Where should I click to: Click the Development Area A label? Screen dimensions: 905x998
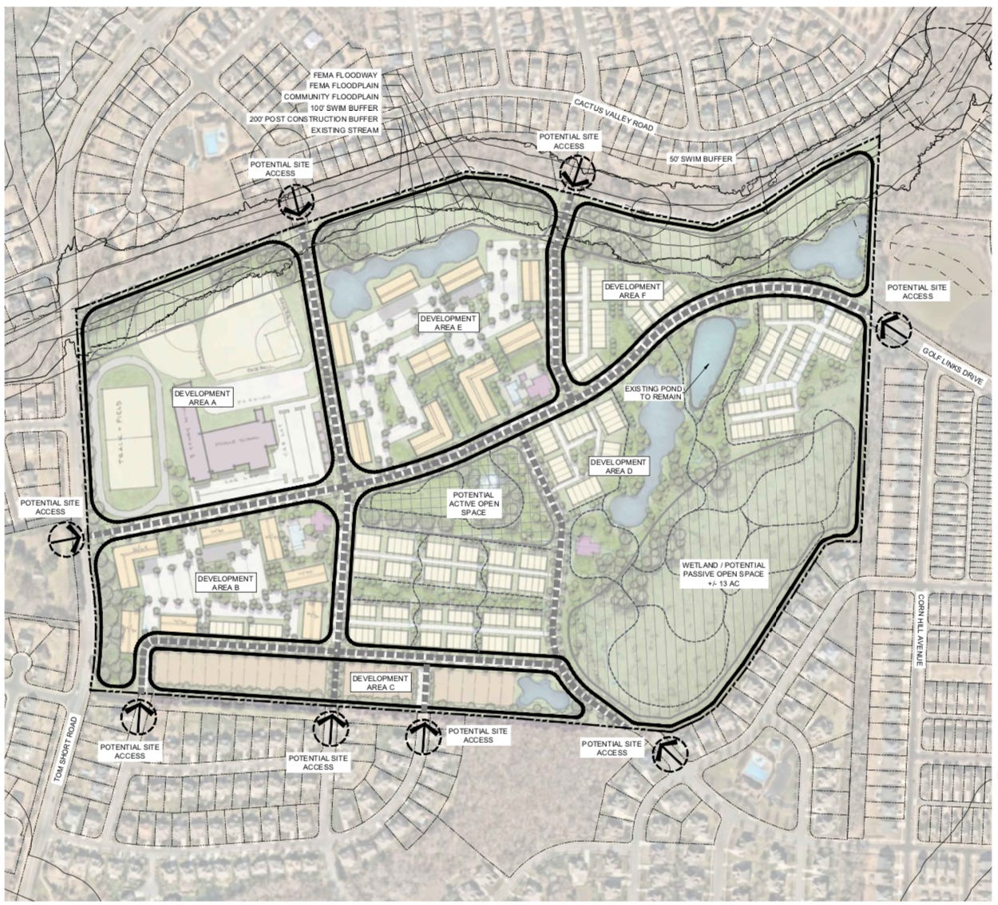201,398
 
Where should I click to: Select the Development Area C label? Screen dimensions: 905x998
381,682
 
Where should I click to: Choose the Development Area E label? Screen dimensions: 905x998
448,322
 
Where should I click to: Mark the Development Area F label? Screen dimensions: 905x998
632,290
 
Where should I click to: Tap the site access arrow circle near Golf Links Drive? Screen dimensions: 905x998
889,327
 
